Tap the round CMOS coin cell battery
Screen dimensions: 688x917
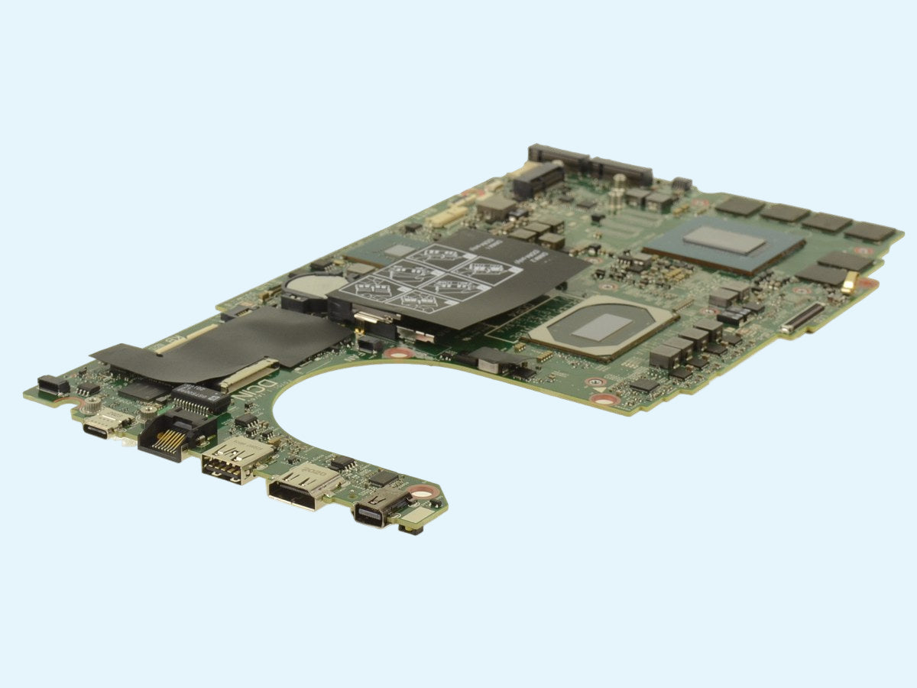pos(307,285)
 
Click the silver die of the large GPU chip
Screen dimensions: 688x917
pos(724,241)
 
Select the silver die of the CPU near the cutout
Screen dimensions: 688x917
pos(602,326)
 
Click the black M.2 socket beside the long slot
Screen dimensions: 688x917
pos(538,180)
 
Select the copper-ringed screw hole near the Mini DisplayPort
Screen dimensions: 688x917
pos(423,493)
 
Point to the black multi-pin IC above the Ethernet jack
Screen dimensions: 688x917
pos(200,398)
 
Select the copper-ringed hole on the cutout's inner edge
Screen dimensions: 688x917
pos(398,352)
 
